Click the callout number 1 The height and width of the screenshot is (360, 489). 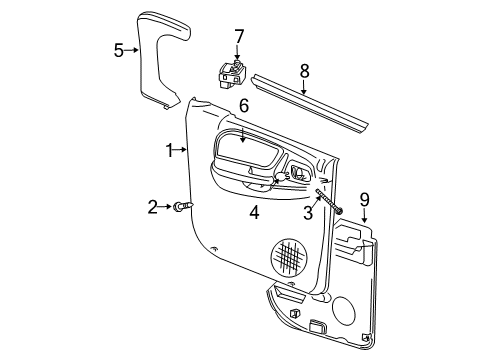point(170,150)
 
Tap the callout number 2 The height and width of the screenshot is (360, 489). point(153,207)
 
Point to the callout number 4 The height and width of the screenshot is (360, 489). point(255,211)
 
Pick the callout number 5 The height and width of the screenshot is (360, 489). point(118,50)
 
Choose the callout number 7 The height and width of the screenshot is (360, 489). point(238,37)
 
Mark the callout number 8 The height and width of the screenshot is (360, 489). point(304,72)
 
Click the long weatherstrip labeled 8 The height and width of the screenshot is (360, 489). point(310,101)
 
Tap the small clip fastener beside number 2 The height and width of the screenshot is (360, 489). point(182,206)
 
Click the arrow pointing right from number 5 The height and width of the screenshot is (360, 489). point(134,50)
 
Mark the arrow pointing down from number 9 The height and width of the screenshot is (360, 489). point(364,216)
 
